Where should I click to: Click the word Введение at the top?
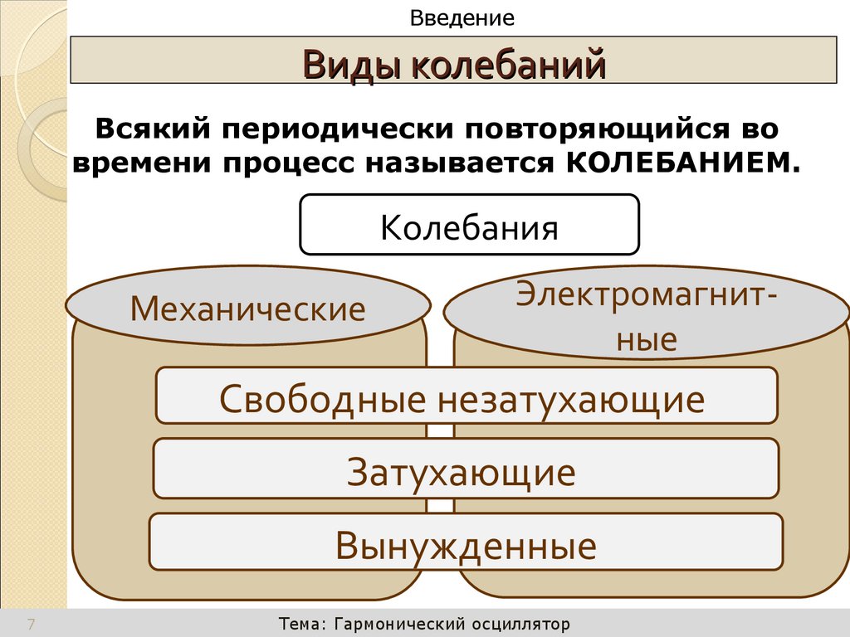pos(463,17)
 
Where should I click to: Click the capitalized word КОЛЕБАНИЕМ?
pos(672,162)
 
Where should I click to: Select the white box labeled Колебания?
pos(469,225)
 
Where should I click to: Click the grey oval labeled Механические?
pos(247,309)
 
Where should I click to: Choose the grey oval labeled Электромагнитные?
pos(647,315)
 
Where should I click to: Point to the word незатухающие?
pos(571,399)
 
